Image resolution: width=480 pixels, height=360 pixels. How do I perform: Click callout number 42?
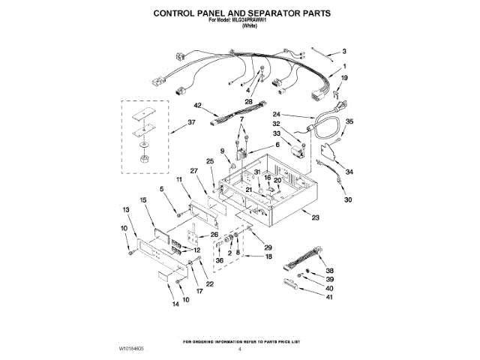point(198,106)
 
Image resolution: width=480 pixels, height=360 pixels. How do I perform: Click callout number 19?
point(345,78)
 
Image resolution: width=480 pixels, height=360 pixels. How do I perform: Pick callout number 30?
point(346,200)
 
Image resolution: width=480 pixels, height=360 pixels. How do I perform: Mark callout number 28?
point(247,100)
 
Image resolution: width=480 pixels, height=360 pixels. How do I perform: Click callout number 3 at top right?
point(344,52)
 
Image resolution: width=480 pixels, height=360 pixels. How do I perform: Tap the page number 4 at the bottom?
point(240,349)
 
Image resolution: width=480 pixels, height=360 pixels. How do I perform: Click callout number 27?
point(193,172)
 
